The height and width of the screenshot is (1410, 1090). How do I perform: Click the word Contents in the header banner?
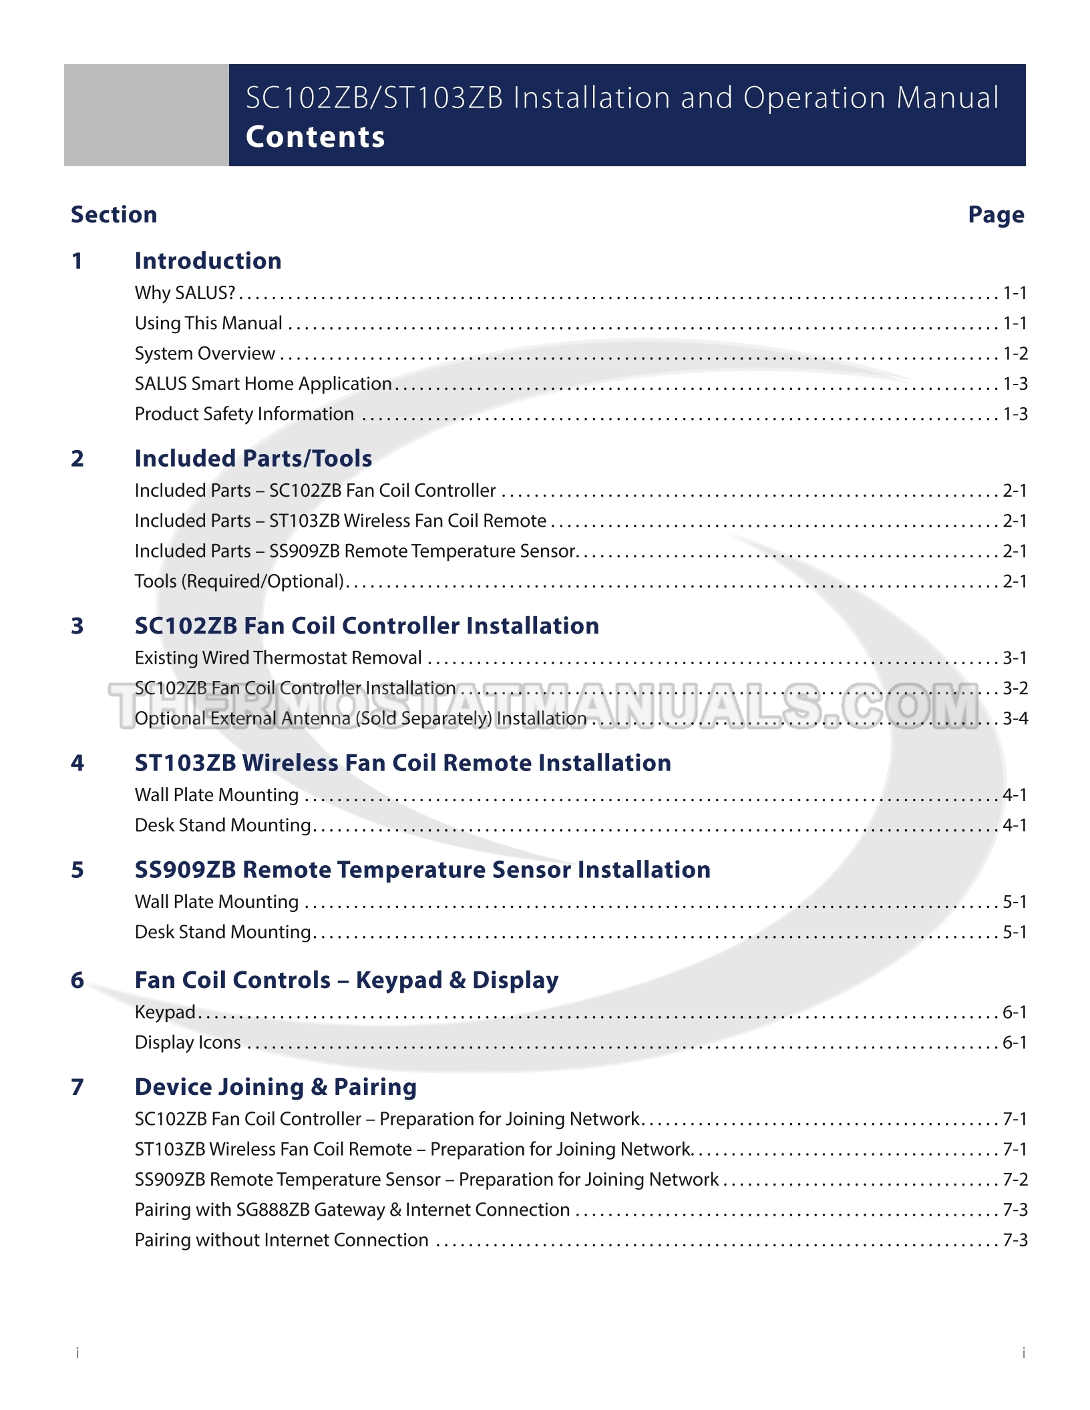pos(315,137)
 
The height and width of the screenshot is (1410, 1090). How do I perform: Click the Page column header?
pos(996,215)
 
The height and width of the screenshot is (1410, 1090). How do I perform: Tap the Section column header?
pos(114,215)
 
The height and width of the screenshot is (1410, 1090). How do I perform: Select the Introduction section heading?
pos(208,261)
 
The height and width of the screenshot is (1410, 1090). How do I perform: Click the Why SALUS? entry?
pos(185,293)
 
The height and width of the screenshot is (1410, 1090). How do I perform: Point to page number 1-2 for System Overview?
pos(1015,354)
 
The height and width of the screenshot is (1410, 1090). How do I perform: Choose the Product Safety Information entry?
pos(244,415)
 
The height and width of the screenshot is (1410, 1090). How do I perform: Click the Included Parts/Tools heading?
pos(253,459)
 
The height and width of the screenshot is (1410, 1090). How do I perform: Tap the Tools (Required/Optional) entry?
pos(239,581)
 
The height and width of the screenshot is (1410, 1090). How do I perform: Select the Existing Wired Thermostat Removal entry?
pos(278,658)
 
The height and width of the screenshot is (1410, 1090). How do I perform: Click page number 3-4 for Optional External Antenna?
pos(1015,719)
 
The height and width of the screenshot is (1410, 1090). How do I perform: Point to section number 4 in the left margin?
pos(77,763)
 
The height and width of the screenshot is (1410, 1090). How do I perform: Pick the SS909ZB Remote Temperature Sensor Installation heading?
pos(422,870)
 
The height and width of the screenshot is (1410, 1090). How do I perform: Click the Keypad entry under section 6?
pos(165,1013)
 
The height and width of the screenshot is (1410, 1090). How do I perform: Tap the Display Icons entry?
pos(188,1043)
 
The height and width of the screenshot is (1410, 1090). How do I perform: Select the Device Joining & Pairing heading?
pos(275,1087)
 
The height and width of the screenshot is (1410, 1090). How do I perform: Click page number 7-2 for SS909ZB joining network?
pos(1015,1180)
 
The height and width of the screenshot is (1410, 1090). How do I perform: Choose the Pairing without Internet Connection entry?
pos(281,1240)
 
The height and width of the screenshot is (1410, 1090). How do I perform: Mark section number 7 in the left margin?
pos(77,1087)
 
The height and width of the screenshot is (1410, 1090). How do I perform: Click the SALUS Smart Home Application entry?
pos(263,384)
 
